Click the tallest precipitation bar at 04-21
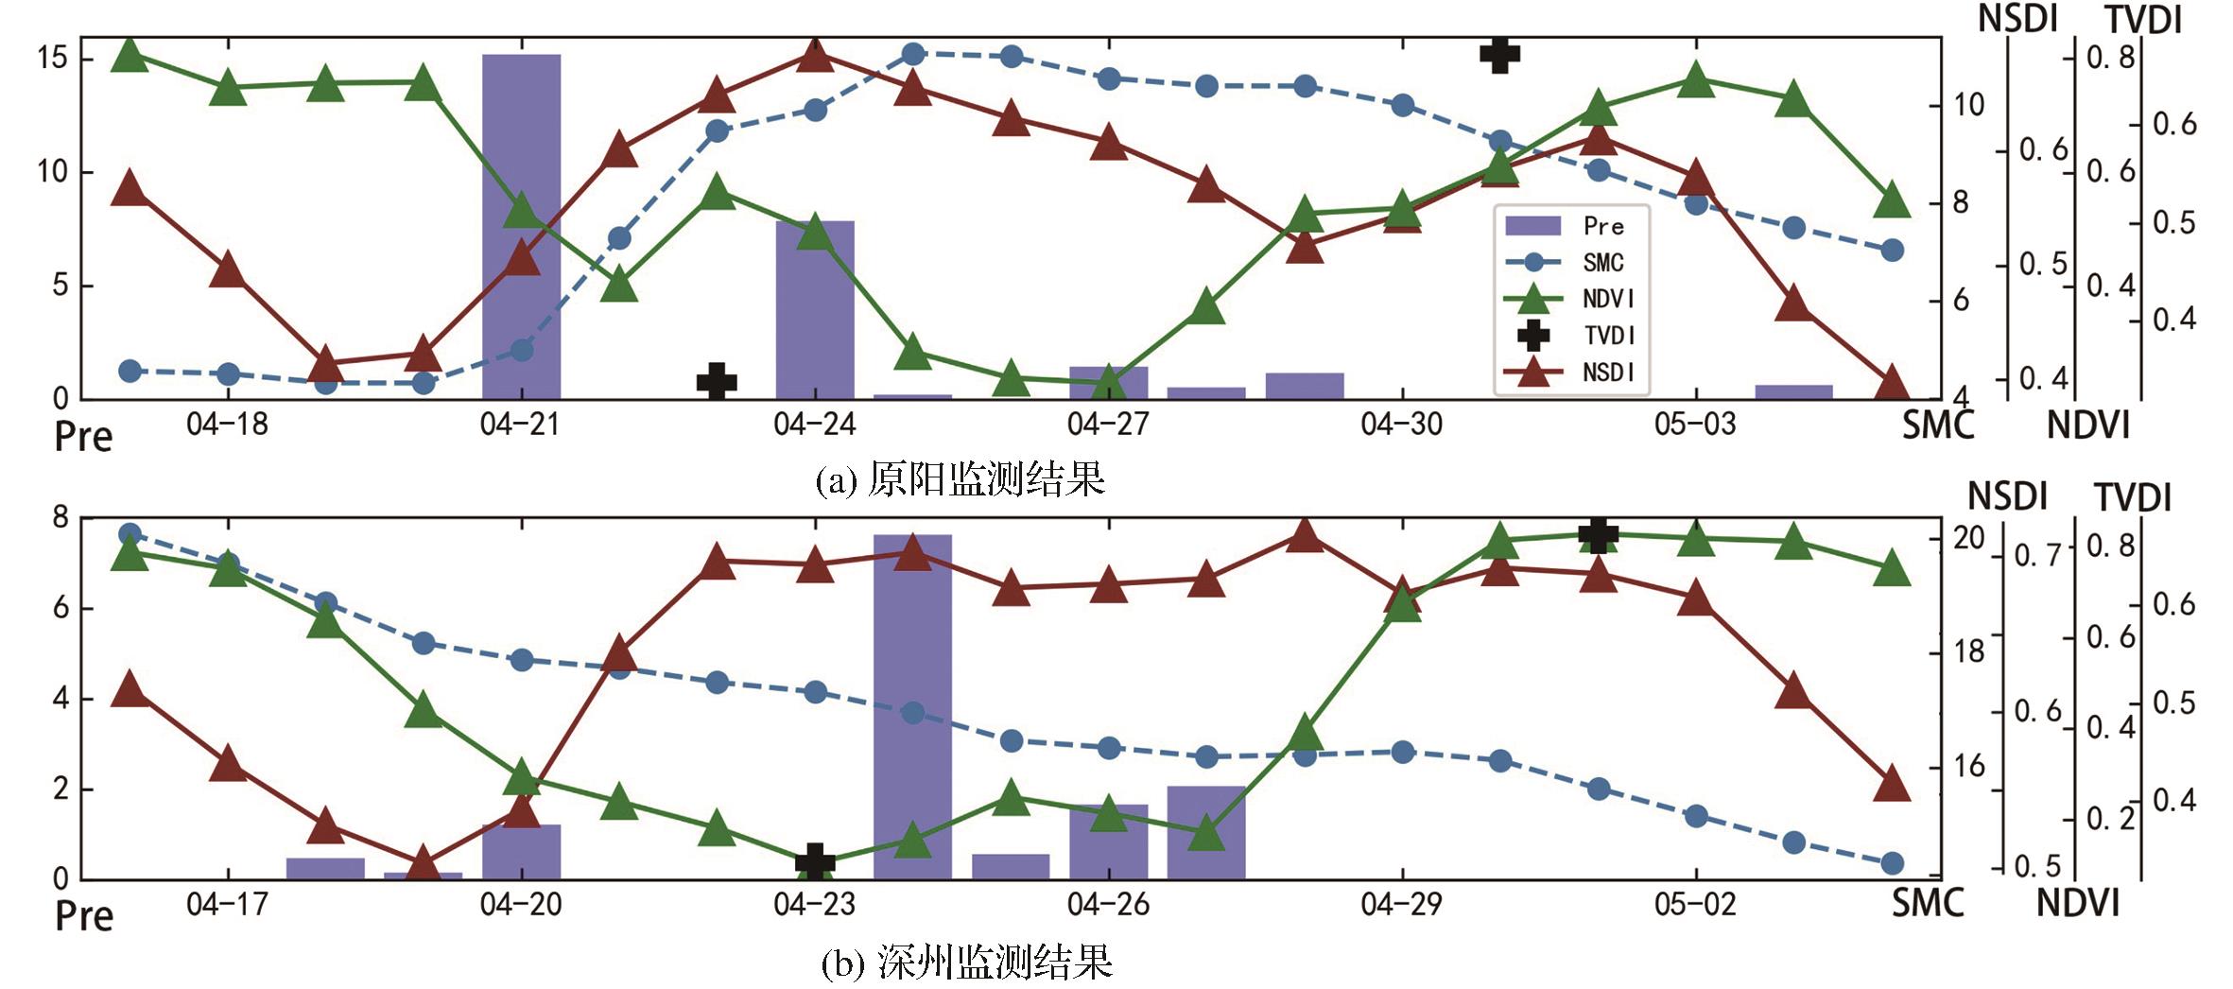pos(521,227)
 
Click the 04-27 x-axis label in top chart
pos(1108,425)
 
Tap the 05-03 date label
pos(1695,425)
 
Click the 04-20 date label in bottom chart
pos(521,905)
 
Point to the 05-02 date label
pos(1695,905)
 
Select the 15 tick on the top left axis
pos(52,59)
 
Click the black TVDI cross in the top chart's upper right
pos(1499,54)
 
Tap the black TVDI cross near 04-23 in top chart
pos(717,381)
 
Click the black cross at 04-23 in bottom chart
pos(815,861)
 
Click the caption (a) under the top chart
pos(960,480)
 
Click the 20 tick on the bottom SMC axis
pos(1969,538)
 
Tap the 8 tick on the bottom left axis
pos(61,517)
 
